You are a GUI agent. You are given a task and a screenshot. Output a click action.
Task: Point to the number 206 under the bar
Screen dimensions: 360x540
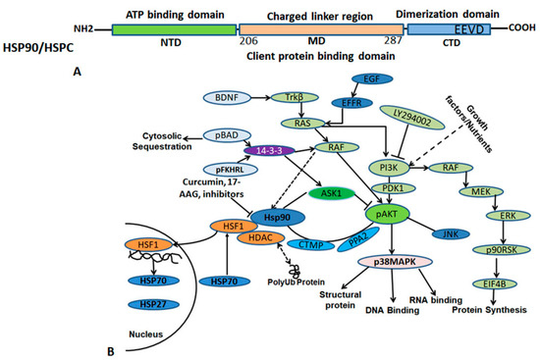pyautogui.click(x=251, y=45)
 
